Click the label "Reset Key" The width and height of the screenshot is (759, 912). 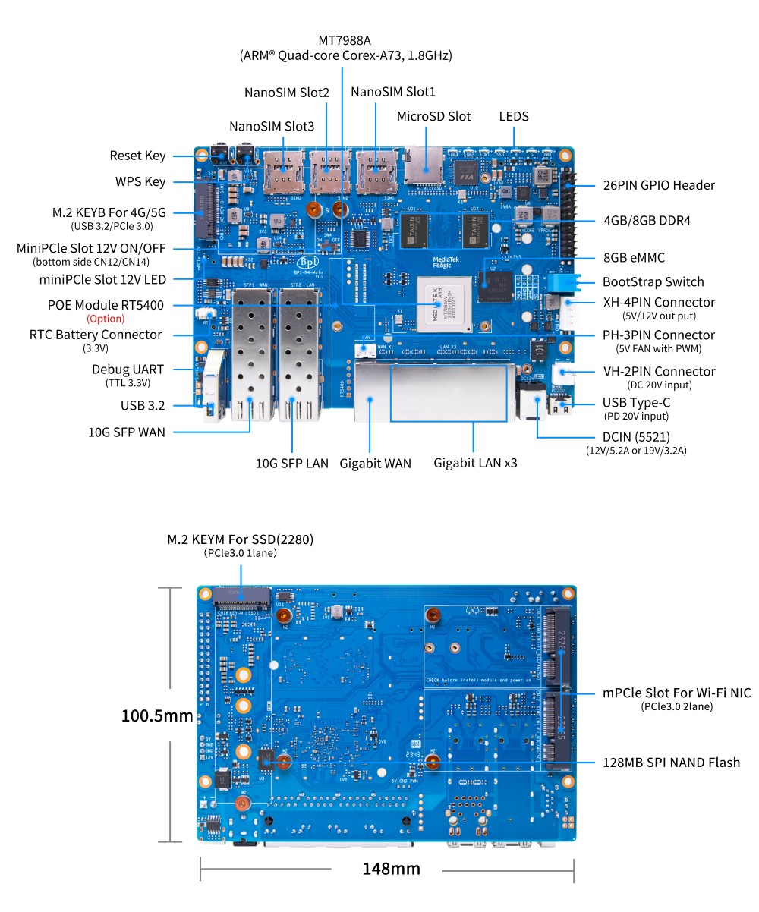pyautogui.click(x=137, y=156)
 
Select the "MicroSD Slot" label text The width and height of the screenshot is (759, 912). pyautogui.click(x=433, y=117)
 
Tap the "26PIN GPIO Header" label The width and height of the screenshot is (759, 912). pyautogui.click(x=658, y=185)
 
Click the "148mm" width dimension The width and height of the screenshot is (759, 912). pyautogui.click(x=391, y=868)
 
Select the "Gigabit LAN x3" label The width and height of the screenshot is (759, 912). pyautogui.click(x=474, y=462)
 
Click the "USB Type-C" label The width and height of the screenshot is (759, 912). pyautogui.click(x=636, y=403)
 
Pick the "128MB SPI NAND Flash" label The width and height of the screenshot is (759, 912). pyautogui.click(x=671, y=763)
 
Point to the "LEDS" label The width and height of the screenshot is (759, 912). pyautogui.click(x=514, y=117)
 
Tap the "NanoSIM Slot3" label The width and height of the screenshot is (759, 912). pyautogui.click(x=271, y=127)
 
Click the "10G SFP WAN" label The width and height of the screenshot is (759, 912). pyautogui.click(x=126, y=432)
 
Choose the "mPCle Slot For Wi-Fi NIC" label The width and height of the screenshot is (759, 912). pyautogui.click(x=676, y=693)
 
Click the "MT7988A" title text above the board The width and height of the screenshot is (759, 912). pyautogui.click(x=345, y=39)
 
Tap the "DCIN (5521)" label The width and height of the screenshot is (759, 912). pyautogui.click(x=637, y=437)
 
